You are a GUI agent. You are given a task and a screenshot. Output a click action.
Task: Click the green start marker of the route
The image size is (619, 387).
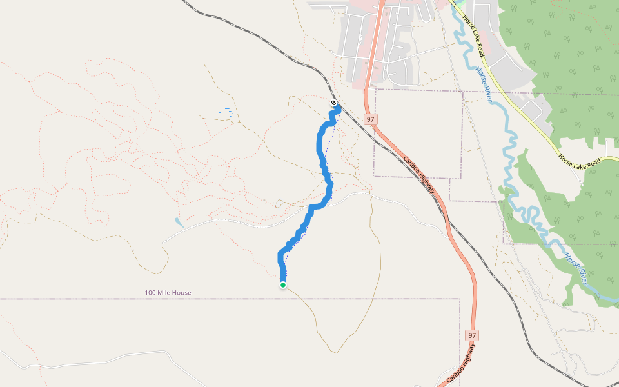[x=283, y=285]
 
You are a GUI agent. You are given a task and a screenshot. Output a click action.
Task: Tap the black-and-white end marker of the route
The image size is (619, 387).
[x=333, y=103]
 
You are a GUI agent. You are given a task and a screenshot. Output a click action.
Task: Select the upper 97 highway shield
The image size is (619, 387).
[x=370, y=119]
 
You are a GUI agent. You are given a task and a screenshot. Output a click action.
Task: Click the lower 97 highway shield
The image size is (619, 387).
[x=473, y=335]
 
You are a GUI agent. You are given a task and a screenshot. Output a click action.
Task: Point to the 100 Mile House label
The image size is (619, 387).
[x=168, y=293]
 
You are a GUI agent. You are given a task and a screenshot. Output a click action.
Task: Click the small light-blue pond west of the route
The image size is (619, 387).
[x=179, y=223]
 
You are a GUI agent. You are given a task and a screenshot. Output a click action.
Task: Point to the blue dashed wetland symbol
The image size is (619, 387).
[x=226, y=113]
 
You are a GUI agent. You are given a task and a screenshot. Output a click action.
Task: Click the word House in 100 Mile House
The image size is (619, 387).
[x=181, y=293]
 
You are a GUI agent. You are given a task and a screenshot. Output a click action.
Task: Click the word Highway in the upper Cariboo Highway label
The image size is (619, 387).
[x=426, y=184]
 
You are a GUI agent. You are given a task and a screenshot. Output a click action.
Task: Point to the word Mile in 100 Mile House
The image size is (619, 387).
[x=164, y=293]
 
